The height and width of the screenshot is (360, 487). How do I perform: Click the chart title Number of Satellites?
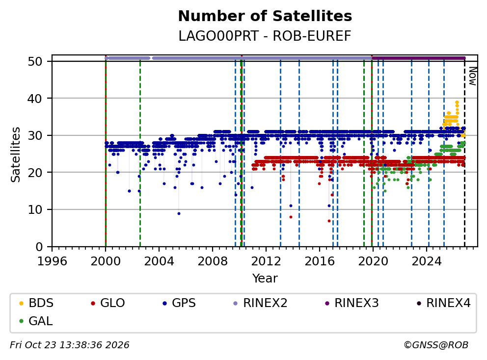click(x=265, y=16)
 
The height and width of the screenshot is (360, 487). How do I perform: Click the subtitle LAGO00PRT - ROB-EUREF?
click(x=265, y=36)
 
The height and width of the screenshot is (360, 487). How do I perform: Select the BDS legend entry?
click(x=36, y=303)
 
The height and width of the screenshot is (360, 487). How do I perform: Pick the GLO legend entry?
click(x=108, y=303)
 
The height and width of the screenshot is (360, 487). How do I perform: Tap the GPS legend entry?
click(x=179, y=303)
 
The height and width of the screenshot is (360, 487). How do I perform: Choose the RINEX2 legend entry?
click(x=260, y=303)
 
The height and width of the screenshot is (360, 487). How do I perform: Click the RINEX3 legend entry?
click(x=352, y=303)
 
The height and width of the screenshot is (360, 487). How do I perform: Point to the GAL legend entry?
click(x=36, y=321)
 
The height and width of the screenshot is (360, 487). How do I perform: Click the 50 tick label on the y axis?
click(x=35, y=61)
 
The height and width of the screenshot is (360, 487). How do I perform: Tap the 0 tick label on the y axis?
click(x=39, y=247)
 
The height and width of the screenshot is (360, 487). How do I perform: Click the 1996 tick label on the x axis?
click(x=52, y=261)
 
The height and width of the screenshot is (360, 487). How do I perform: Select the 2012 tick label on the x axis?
click(x=266, y=261)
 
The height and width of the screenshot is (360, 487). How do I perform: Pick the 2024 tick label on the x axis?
click(x=427, y=261)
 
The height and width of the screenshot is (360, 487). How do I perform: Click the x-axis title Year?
click(x=265, y=279)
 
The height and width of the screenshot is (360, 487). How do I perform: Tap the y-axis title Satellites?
click(x=16, y=154)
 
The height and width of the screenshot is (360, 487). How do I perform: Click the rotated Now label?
click(x=472, y=76)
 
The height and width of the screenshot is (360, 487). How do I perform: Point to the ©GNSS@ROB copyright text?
click(x=436, y=345)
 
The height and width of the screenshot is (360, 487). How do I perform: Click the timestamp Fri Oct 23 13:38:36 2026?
click(x=70, y=345)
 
